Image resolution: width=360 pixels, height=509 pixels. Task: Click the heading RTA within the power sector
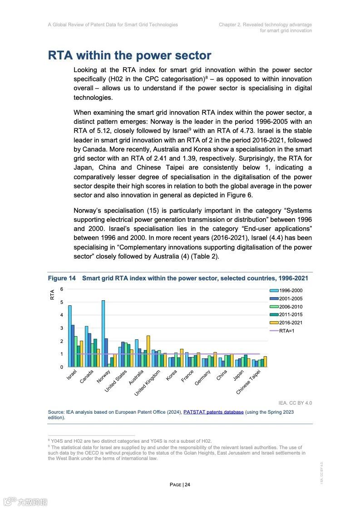(129, 56)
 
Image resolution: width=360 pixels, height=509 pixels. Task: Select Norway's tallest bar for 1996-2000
(103, 333)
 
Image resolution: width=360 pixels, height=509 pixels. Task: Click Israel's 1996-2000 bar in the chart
(70, 336)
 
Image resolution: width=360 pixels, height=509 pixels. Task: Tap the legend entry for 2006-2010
(291, 307)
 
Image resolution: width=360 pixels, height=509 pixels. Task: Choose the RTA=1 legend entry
(286, 331)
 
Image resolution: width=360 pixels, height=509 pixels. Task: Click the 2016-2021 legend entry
(291, 323)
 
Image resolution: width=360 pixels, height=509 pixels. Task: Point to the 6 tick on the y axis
(62, 289)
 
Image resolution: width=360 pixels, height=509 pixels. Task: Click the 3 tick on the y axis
(62, 328)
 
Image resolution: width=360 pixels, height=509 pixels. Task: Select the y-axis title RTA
(52, 294)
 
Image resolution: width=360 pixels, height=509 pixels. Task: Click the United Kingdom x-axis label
(148, 383)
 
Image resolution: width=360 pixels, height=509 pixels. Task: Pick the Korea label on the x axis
(171, 376)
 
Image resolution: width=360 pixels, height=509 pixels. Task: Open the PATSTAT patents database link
(213, 412)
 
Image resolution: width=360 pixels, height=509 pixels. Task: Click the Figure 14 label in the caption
(62, 278)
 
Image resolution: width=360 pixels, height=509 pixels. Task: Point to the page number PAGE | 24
(180, 485)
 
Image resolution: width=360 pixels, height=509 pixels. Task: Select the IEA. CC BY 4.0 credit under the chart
(295, 403)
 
